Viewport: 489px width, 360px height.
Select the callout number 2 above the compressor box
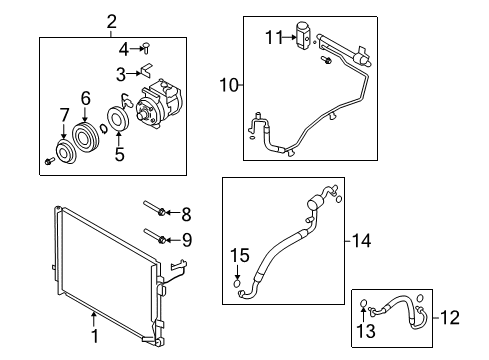[111, 21]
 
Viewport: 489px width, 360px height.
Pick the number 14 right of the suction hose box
[361, 240]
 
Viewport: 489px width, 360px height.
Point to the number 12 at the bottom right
[467, 318]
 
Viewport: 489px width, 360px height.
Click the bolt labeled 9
[153, 238]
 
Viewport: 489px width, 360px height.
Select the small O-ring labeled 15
[238, 284]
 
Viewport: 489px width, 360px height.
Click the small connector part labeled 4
[146, 46]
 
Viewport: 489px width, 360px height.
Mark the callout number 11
[274, 37]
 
